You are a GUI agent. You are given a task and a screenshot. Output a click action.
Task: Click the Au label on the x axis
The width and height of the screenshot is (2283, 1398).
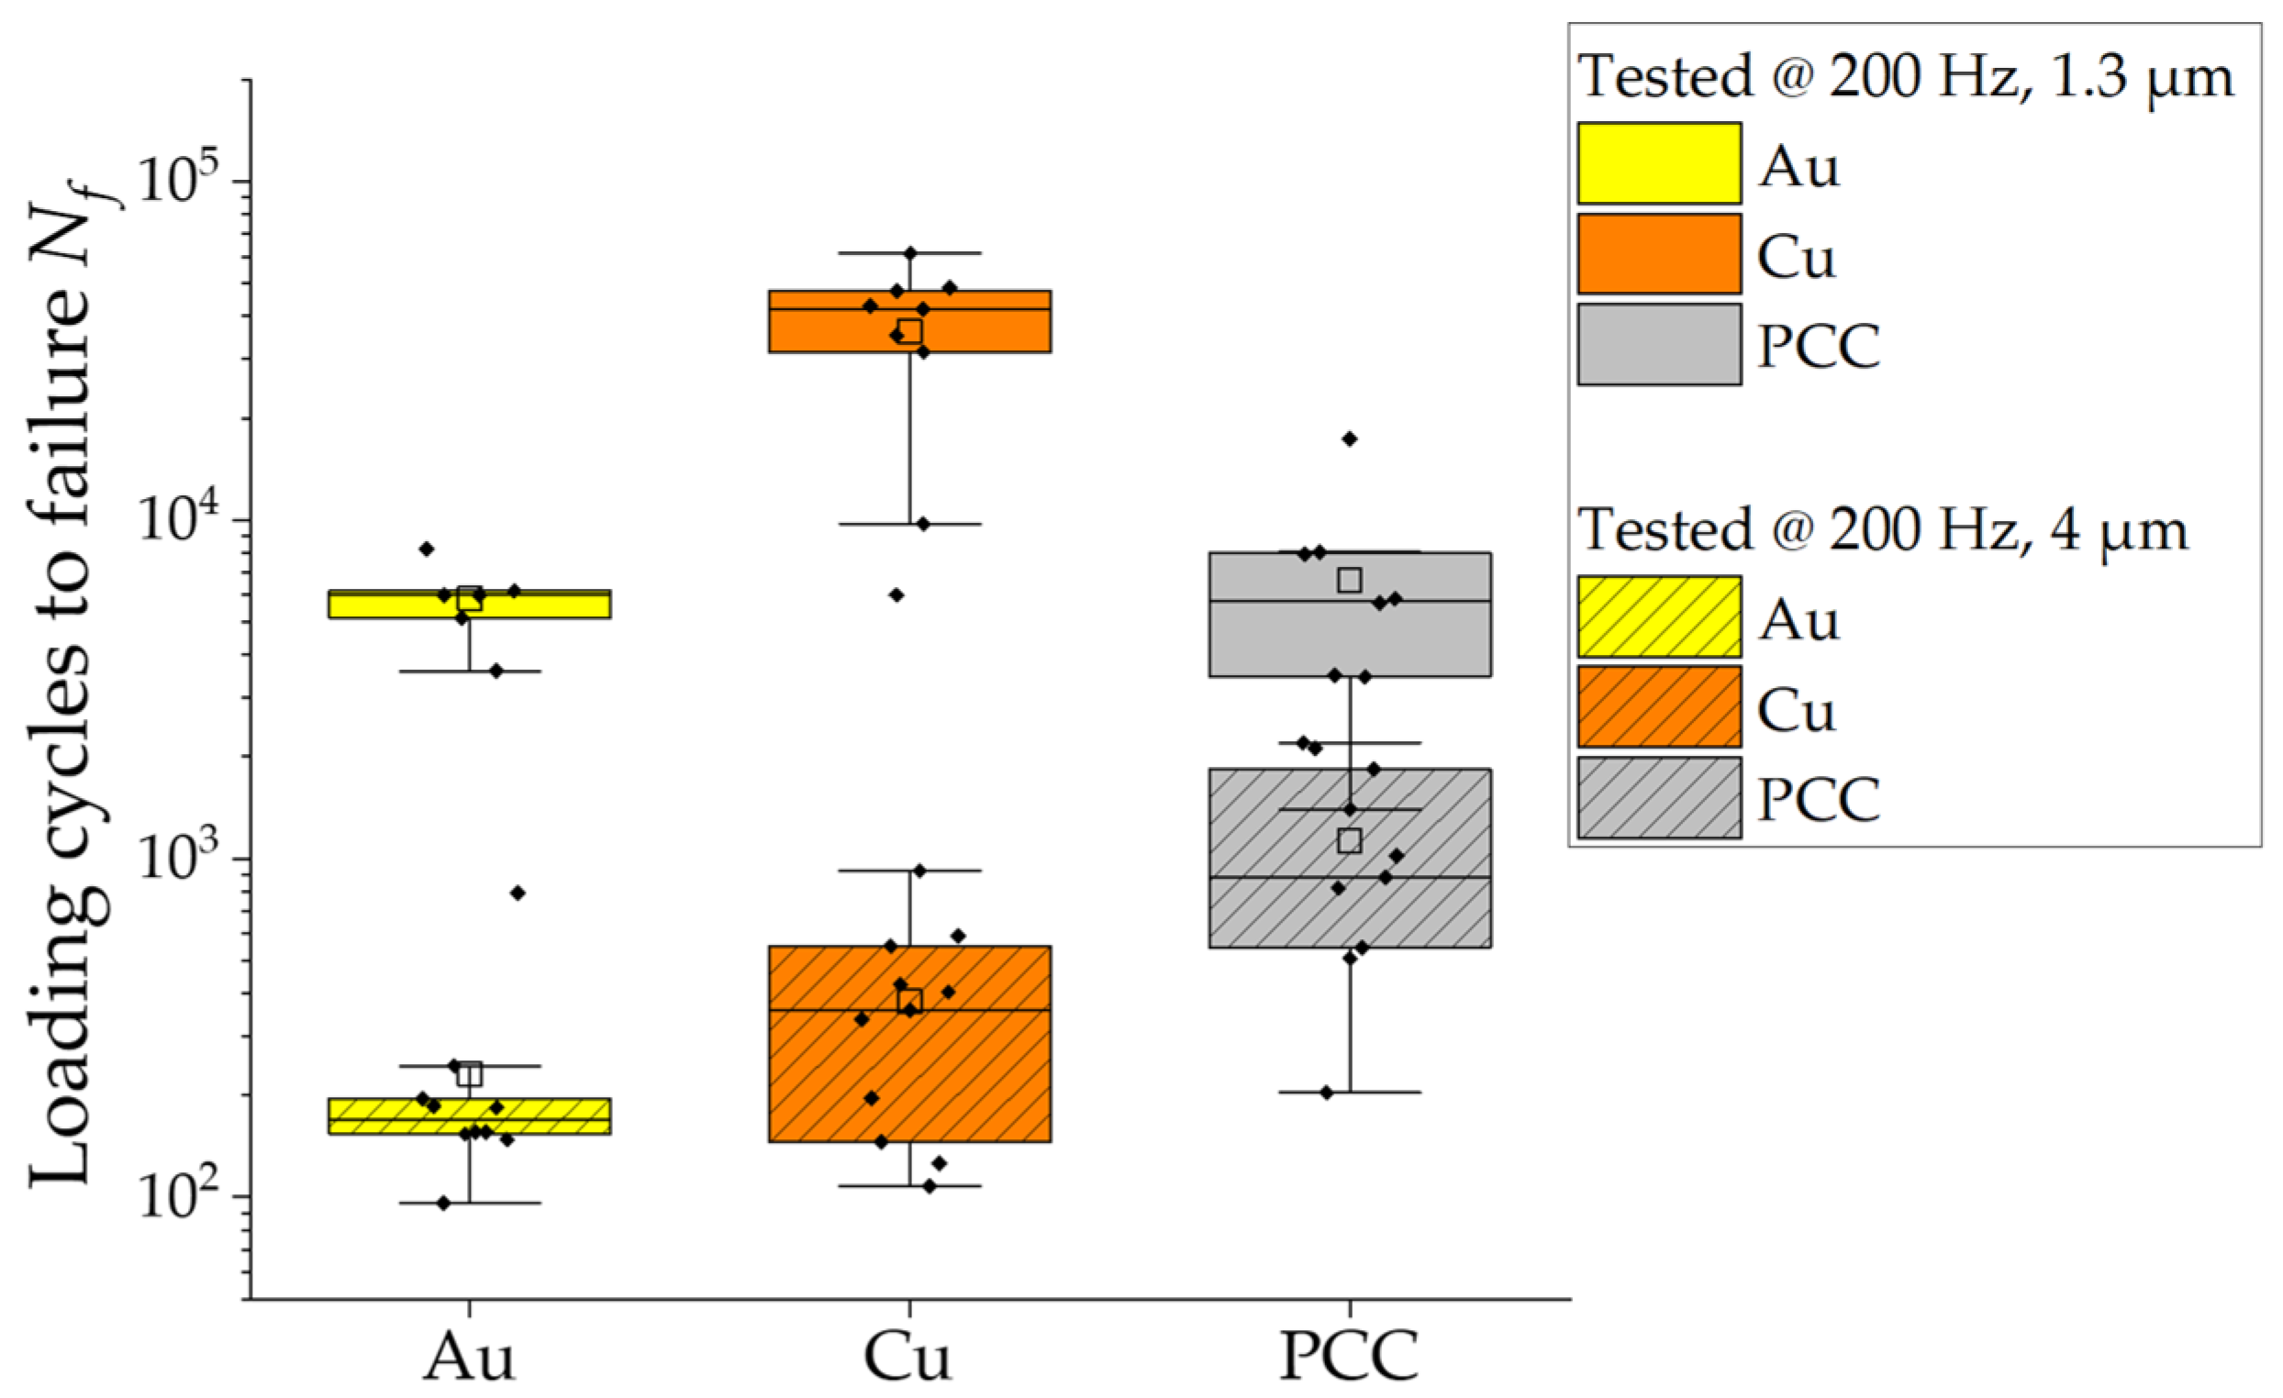(x=469, y=1359)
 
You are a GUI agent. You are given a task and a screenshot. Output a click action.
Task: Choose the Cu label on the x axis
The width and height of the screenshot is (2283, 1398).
(x=908, y=1359)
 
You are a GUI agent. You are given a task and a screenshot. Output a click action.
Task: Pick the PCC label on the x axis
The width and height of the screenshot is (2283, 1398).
(x=1349, y=1359)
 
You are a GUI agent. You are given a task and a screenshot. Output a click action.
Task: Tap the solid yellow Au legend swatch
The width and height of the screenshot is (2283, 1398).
(x=1658, y=163)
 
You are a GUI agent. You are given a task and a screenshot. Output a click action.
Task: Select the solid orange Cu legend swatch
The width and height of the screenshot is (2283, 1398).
(x=1658, y=254)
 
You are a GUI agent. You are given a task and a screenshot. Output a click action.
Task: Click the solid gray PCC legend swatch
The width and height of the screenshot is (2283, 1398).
(x=1658, y=345)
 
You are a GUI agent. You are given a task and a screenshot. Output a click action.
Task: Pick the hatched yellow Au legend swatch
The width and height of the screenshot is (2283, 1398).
(x=1658, y=617)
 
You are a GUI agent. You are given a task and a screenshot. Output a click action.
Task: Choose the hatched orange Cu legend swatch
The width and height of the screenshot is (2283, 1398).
(x=1658, y=707)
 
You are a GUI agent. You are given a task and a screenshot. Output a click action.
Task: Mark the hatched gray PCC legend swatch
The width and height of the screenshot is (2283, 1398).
(x=1658, y=798)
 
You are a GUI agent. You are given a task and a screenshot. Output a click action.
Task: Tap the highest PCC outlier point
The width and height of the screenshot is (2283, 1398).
(x=1350, y=439)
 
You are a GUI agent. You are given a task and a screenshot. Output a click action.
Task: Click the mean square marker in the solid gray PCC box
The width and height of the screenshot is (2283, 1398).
(x=1350, y=580)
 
